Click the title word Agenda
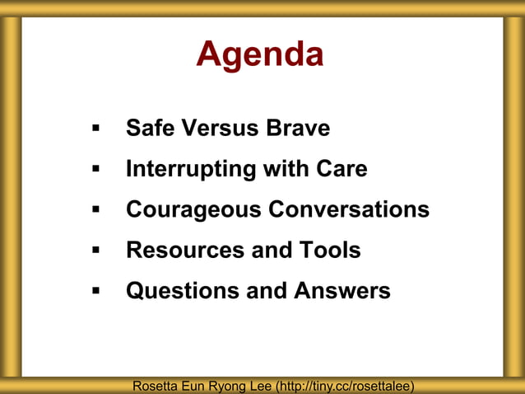tap(259, 55)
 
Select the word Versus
tap(220, 129)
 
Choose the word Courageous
tap(194, 210)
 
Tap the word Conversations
tap(350, 209)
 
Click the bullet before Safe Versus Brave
tap(95, 129)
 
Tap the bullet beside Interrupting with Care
tap(95, 170)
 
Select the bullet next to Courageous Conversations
tap(95, 210)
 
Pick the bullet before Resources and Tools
tap(95, 251)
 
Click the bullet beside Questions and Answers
tap(95, 291)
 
